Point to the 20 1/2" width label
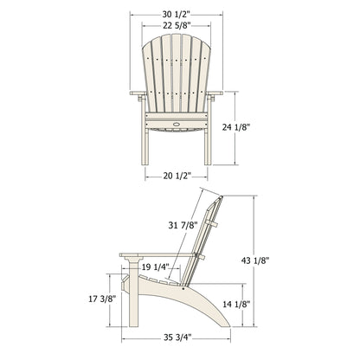click(177, 177)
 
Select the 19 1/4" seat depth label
click(157, 267)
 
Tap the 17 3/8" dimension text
click(93, 299)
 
